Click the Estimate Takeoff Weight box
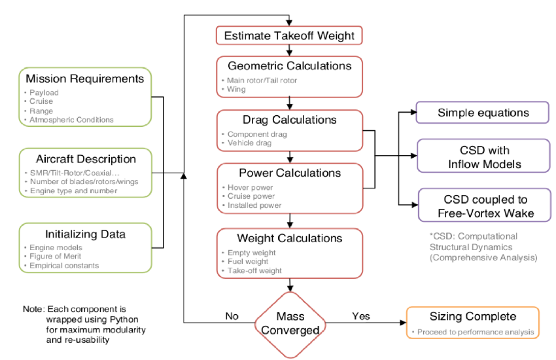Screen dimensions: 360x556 pos(289,35)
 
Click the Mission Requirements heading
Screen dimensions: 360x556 pos(85,79)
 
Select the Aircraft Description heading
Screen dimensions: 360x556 pos(86,159)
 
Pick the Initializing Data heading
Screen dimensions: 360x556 pos(86,234)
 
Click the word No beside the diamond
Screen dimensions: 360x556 pos(231,315)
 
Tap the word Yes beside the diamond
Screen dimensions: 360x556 pos(362,315)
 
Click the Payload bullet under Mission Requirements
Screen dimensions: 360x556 pos(45,93)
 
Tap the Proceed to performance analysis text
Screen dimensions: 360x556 pos(475,332)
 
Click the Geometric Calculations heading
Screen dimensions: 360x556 pos(289,66)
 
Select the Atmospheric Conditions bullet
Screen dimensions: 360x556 pos(72,120)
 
